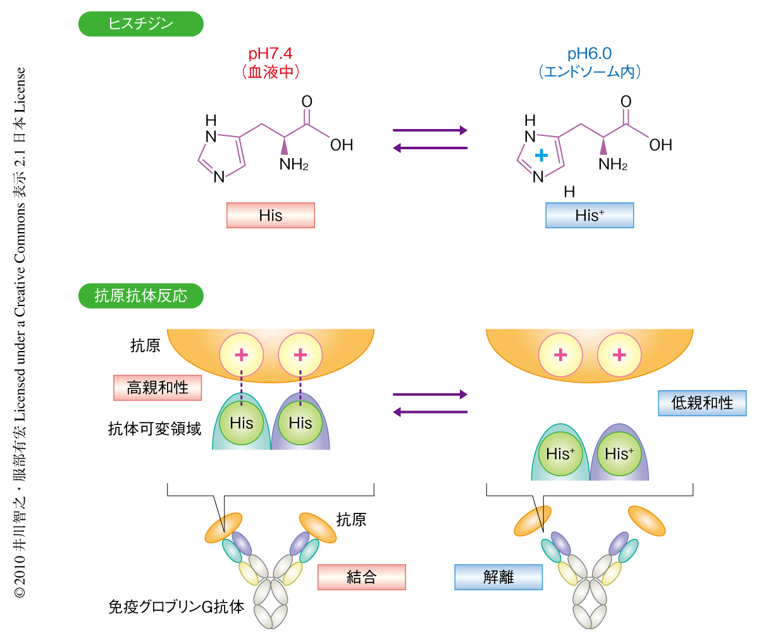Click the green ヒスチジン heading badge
coord(140,24)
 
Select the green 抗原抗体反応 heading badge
coord(140,295)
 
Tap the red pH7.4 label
coord(270,54)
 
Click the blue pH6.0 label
coord(589,54)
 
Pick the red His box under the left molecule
coord(271,216)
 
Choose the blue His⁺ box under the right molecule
coord(589,216)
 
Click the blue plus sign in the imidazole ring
coord(541,156)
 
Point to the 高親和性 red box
coord(157,388)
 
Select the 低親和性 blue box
coord(702,403)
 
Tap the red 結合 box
coord(361,577)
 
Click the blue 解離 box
coord(498,577)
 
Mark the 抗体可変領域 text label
coord(154,429)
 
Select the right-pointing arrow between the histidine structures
coord(430,130)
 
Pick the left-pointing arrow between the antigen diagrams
coord(430,412)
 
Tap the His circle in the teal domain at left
coord(241,423)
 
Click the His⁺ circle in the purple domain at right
coord(619,453)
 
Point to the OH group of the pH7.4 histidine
coord(342,145)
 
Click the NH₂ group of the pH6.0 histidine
coord(612,165)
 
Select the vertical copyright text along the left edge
coord(20,332)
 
